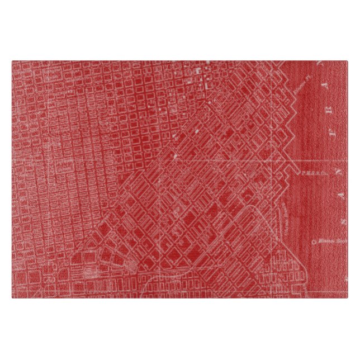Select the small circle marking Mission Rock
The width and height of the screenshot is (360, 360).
314,242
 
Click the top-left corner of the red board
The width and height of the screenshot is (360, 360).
12,61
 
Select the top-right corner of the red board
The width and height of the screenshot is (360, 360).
348,61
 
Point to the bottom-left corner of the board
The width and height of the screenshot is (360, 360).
12,297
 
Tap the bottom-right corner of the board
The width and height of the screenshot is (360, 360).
348,297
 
